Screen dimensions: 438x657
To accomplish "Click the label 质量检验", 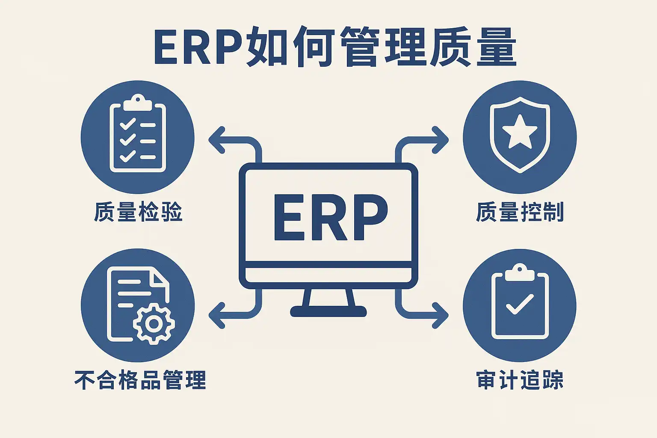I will point(138,212).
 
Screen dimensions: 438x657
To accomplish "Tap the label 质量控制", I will point(520,212).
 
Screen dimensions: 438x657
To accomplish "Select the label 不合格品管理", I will point(140,380).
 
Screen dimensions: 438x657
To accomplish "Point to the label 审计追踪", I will point(520,380).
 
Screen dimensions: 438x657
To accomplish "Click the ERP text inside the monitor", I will point(330,217).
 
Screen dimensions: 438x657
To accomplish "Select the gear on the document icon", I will point(154,323).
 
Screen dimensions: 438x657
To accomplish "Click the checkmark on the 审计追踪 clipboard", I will point(520,304).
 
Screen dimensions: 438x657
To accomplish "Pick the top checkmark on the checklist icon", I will point(127,124).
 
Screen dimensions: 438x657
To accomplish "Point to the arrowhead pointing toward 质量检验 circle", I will point(216,140).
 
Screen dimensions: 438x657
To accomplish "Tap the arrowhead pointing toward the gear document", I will point(216,315).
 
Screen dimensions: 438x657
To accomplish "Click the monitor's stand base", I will point(328,311).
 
